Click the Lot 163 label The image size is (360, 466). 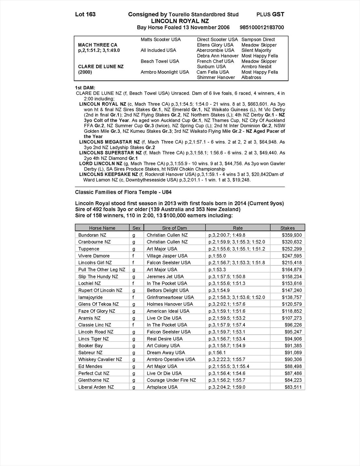pos(85,14)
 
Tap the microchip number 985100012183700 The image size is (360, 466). pos(262,27)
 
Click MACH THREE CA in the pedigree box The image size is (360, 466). pos(98,45)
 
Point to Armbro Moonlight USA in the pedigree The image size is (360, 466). pos(165,72)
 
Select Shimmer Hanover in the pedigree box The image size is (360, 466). pos(216,78)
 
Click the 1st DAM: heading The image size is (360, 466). pos(85,88)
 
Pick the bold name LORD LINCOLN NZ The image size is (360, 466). pos(101,163)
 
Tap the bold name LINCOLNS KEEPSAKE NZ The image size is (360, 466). pos(109,174)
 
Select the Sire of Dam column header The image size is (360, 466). pos(174,228)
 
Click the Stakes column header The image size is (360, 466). pos(287,228)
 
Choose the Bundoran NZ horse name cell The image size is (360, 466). pos(92,235)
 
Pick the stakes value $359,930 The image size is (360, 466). pos(292,235)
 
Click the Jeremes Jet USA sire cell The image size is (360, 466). pos(165,276)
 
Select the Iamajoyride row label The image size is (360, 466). pos(90,297)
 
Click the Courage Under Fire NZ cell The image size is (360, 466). pos(171,380)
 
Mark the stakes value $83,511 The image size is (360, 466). pos(293,387)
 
